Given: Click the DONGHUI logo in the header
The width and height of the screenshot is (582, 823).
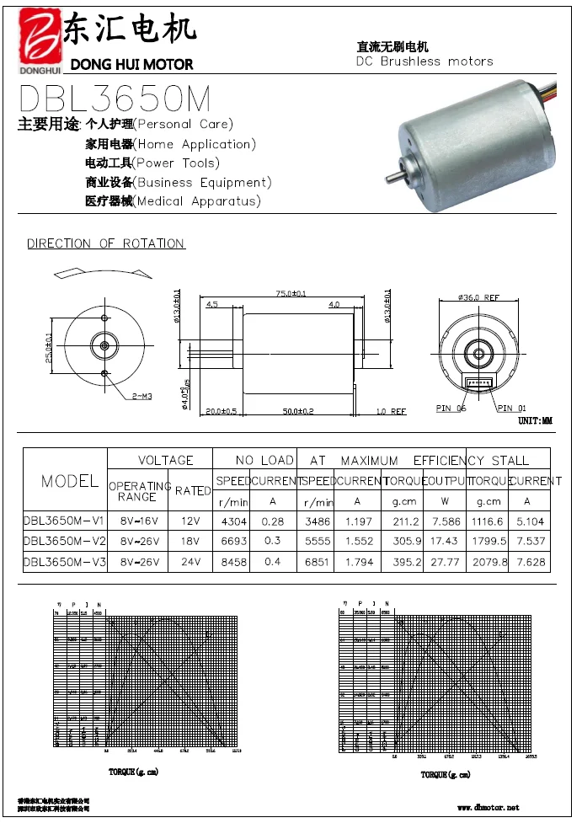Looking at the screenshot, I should (37, 41).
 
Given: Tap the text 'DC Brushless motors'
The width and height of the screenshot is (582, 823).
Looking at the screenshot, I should (424, 61).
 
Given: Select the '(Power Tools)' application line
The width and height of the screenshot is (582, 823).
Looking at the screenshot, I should (177, 163).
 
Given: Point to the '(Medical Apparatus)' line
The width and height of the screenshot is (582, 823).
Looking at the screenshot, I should (197, 201).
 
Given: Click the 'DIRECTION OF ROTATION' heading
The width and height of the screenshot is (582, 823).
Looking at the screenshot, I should (106, 243).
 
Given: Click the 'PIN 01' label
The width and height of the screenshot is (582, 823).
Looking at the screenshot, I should (511, 409).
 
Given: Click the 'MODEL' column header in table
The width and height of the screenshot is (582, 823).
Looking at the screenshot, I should (70, 481).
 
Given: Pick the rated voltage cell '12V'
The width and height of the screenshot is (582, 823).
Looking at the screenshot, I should (193, 521).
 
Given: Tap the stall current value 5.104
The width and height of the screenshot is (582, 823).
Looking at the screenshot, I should (528, 521).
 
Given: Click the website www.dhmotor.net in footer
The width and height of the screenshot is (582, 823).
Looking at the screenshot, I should (489, 808).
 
